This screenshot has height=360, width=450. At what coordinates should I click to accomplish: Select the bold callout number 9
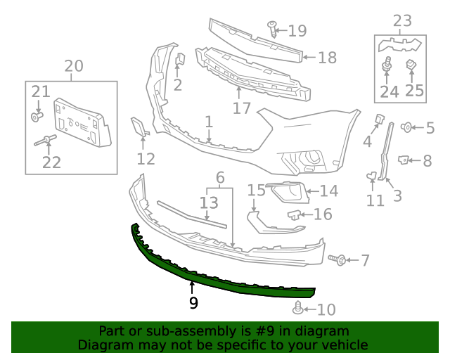point(193,303)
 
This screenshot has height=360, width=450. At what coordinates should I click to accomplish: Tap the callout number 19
point(297,30)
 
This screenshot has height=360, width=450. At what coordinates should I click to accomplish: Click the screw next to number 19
point(273,29)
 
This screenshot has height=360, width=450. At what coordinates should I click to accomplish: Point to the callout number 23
point(402,21)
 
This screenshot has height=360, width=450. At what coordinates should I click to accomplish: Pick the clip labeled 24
point(386,68)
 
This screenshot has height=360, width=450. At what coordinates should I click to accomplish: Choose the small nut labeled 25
point(412,65)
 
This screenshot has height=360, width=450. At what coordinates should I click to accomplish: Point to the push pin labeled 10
point(298,307)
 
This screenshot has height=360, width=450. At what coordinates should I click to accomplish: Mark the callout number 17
point(241,108)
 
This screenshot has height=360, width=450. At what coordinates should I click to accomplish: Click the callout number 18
point(327,58)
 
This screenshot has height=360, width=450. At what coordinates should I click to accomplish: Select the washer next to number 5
point(406,127)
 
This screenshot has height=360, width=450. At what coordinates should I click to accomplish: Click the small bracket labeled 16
point(295,214)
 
